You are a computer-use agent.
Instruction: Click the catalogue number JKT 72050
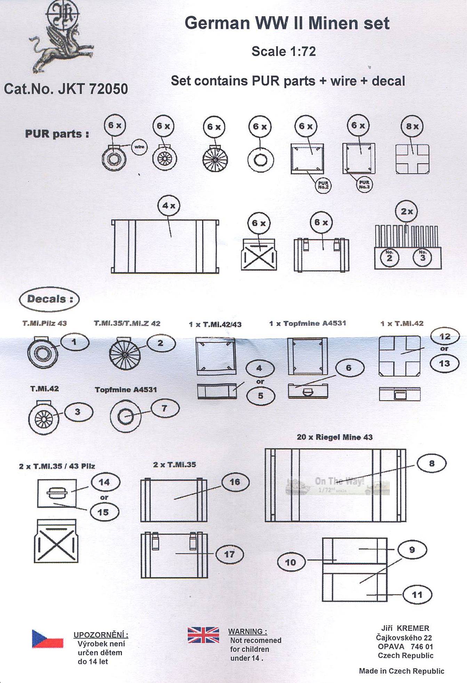point(66,89)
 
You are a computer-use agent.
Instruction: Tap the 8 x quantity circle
point(412,126)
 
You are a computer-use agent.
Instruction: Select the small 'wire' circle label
point(139,147)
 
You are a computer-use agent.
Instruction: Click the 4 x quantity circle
point(169,206)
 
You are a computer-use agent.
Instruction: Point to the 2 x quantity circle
point(406,211)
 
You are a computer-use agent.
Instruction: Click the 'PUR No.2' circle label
point(323,185)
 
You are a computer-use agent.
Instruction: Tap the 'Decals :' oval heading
point(49,299)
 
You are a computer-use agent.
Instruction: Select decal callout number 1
point(74,342)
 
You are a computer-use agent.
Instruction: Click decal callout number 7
point(165,408)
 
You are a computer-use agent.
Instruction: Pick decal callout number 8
point(432,463)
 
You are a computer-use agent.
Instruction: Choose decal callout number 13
point(444,363)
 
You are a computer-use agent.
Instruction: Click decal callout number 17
point(229,554)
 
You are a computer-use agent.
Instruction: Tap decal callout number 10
point(291,562)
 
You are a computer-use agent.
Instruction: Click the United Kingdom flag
point(203,635)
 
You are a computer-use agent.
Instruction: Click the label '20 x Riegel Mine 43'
point(335,437)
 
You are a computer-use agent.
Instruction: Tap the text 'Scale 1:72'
point(284,51)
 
